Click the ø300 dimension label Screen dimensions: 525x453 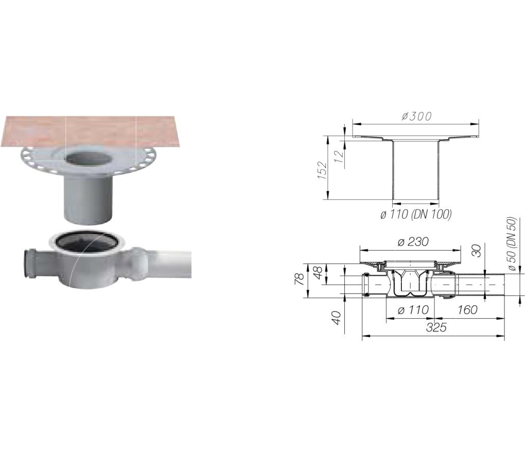[416, 116]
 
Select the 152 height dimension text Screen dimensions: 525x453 [322, 170]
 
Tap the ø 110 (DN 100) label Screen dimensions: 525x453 [416, 214]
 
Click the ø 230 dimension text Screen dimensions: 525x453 [413, 241]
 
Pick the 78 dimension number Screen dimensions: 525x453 [299, 278]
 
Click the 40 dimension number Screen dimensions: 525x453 [337, 318]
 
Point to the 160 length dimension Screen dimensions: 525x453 [467, 310]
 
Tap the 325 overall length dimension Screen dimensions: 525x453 [436, 327]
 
